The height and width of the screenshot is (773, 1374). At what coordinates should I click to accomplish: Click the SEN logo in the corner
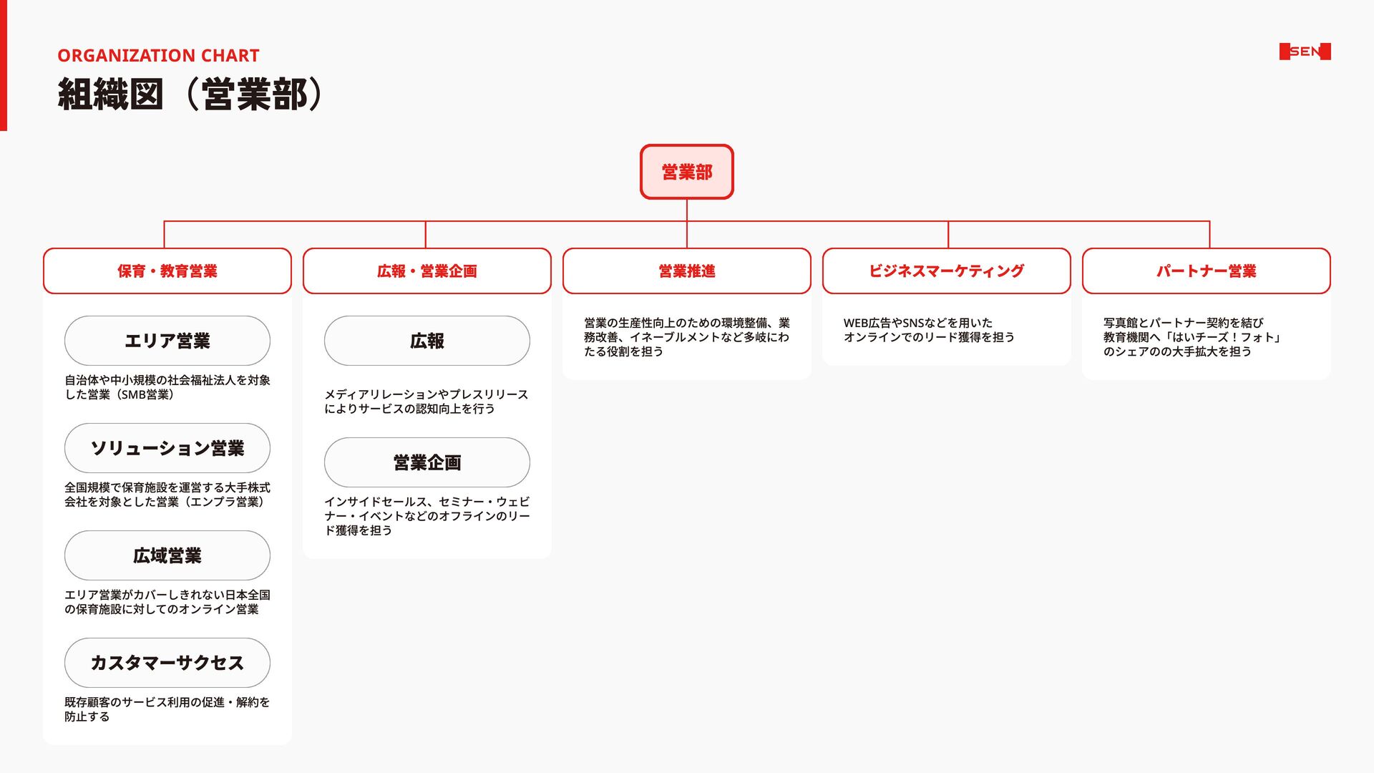point(1305,52)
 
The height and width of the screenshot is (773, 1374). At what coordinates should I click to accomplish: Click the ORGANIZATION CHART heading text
point(158,56)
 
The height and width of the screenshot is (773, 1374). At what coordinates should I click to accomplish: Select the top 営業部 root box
point(686,172)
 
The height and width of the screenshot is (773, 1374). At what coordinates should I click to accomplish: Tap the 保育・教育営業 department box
point(167,271)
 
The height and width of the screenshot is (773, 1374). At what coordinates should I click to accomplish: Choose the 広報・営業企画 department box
point(427,271)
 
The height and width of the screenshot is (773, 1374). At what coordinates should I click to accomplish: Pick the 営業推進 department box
point(686,271)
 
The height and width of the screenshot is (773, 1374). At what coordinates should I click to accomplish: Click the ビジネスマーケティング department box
point(946,271)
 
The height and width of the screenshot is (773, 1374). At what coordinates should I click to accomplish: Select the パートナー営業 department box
point(1206,271)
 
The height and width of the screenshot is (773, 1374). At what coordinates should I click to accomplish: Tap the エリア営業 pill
point(167,341)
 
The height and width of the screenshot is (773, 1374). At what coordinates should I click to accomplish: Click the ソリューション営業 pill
point(167,448)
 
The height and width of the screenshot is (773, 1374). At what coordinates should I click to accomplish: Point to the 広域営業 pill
point(167,555)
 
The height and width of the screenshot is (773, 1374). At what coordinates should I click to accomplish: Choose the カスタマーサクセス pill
point(167,663)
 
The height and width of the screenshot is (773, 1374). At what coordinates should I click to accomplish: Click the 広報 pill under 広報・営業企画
point(427,341)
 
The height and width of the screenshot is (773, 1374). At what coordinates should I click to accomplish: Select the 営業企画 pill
point(427,462)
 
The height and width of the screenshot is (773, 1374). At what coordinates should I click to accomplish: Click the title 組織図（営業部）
point(190,94)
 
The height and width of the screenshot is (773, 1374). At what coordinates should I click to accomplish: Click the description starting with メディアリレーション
point(426,402)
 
